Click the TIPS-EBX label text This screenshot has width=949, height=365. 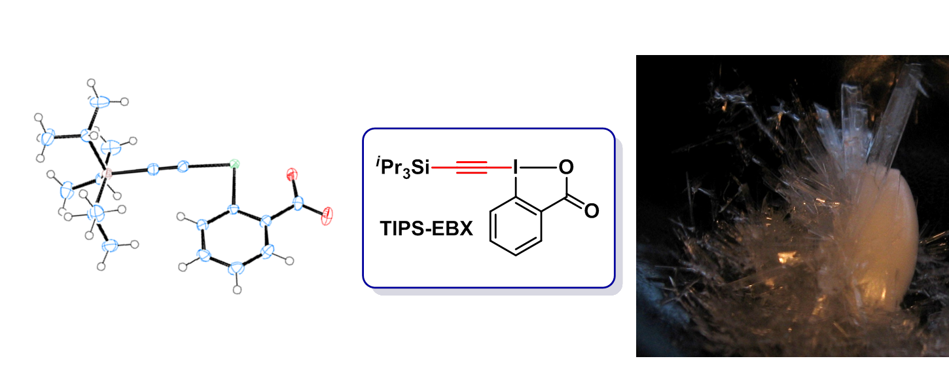[426, 229]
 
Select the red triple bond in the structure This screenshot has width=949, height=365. [471, 168]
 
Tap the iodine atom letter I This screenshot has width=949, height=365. [515, 168]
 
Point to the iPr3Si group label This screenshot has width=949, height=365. [402, 167]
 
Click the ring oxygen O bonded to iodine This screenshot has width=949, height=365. [566, 167]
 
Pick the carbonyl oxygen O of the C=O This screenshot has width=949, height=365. [592, 210]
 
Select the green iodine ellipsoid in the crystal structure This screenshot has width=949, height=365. [234, 164]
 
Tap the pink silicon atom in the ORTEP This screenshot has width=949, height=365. [107, 174]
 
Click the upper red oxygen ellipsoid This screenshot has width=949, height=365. [292, 174]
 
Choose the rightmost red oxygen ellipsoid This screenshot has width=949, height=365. [327, 216]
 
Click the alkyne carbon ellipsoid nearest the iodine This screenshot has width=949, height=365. [183, 166]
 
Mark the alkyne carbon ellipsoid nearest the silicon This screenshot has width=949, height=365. [153, 169]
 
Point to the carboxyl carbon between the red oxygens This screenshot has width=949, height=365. [298, 204]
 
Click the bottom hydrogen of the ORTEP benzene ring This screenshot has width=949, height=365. [237, 290]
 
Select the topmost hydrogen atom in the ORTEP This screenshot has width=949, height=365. [91, 83]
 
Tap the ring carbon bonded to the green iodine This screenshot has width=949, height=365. [233, 209]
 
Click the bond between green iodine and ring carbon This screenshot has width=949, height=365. [234, 186]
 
